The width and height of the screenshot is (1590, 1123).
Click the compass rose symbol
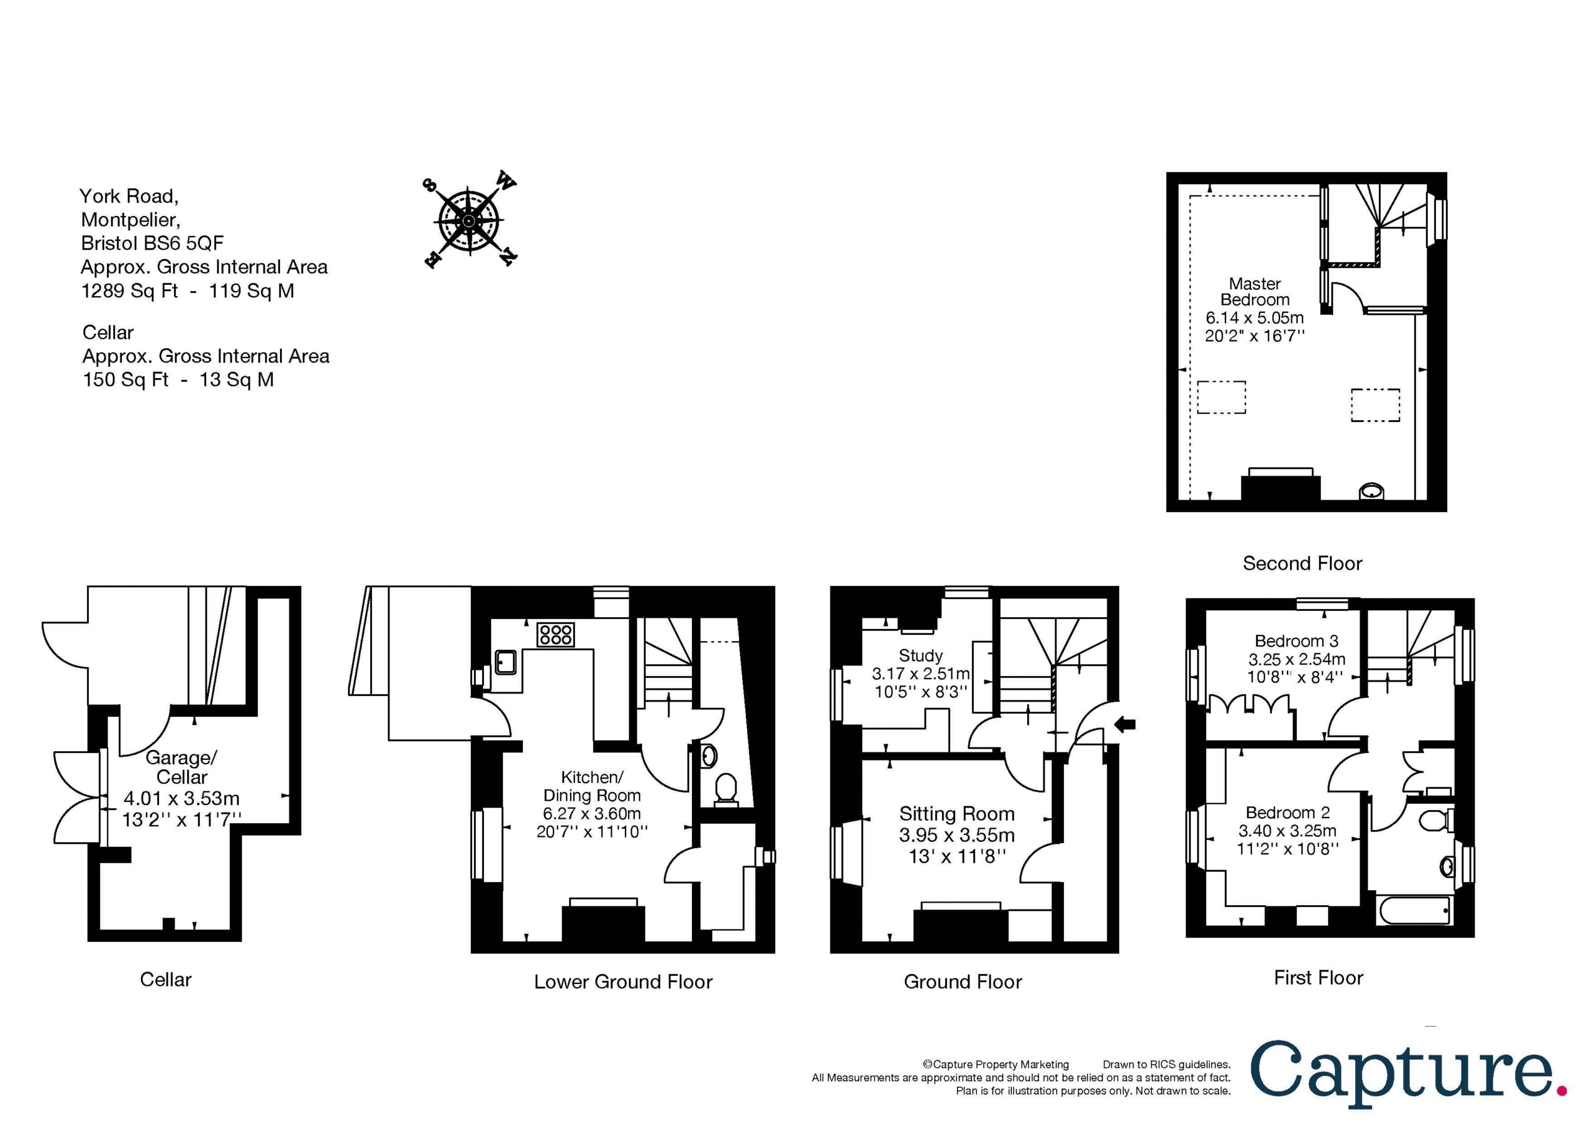pyautogui.click(x=469, y=220)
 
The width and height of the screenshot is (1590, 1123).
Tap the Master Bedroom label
pyautogui.click(x=1255, y=292)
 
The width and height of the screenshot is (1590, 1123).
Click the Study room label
pyautogui.click(x=920, y=655)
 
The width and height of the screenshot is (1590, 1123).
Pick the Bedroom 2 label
pyautogui.click(x=1288, y=812)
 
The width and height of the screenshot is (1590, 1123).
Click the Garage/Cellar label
pyautogui.click(x=181, y=767)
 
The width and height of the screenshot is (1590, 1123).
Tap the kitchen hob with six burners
pyautogui.click(x=555, y=634)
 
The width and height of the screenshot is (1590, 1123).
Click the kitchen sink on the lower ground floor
pyautogui.click(x=505, y=662)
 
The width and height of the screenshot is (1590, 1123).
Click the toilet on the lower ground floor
pyautogui.click(x=726, y=789)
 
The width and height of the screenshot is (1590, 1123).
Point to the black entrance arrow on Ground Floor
pyautogui.click(x=1125, y=725)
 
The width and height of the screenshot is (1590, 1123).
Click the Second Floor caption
pyautogui.click(x=1302, y=564)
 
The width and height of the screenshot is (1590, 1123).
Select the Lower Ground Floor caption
pyautogui.click(x=622, y=981)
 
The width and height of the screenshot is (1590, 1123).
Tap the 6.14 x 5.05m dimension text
pyautogui.click(x=1254, y=318)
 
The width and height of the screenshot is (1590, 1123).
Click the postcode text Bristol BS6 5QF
pyautogui.click(x=152, y=243)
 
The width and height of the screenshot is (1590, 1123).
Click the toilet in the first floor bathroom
pyautogui.click(x=1433, y=821)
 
